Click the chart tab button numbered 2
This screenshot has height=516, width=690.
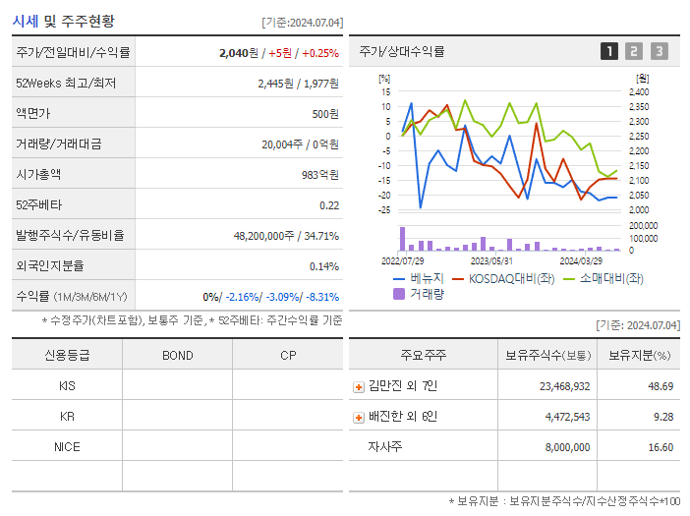(634, 51)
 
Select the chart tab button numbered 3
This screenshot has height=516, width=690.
(659, 51)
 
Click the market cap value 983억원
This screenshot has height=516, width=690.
(318, 175)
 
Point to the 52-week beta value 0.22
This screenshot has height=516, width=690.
(328, 205)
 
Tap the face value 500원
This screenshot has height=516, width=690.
(324, 114)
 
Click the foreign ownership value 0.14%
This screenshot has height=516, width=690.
(323, 266)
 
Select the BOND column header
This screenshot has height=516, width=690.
(177, 356)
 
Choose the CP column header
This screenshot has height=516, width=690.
(287, 356)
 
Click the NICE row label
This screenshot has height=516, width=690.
(67, 446)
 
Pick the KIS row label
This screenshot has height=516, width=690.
(67, 386)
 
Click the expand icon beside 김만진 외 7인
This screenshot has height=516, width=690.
(359, 387)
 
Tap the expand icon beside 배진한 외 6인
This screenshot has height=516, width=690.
(359, 418)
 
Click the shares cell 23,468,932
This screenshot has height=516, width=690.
(564, 386)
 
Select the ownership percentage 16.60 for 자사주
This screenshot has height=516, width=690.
(661, 447)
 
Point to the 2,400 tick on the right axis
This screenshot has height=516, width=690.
(638, 91)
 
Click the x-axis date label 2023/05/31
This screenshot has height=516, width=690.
(491, 261)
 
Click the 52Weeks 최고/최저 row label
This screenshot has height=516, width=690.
(66, 84)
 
